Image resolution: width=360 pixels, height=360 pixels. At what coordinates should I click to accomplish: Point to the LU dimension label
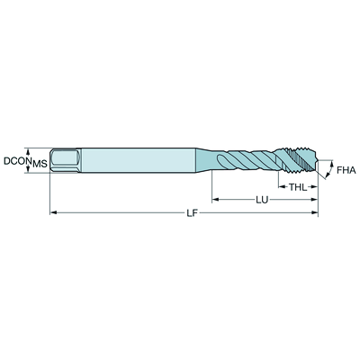pos(262,198)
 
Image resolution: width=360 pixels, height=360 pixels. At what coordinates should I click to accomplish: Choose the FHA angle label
pos(345,168)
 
